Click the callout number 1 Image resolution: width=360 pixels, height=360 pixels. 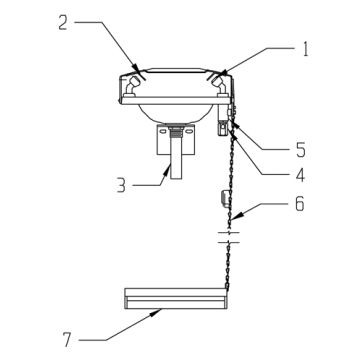coord(304,49)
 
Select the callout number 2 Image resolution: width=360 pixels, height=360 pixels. coord(63,23)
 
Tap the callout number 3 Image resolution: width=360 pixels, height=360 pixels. coord(121,186)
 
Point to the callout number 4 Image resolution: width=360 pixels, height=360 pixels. coord(300,175)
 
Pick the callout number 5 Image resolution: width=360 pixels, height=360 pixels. coord(300,150)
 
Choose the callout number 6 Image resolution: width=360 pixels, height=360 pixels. coord(299,204)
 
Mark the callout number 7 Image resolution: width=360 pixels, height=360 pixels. coord(67,340)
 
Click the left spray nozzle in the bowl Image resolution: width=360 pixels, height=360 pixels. coord(132,86)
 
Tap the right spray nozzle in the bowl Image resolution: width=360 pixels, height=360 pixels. coord(220,86)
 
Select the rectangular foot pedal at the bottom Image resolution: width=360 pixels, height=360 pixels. coord(176,299)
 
